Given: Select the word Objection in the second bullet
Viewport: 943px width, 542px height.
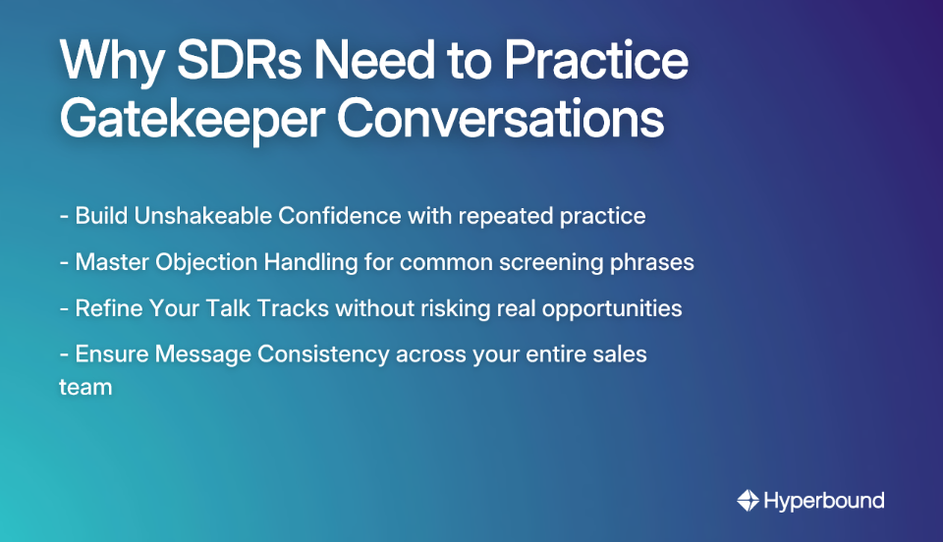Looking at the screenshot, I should click(x=195, y=262).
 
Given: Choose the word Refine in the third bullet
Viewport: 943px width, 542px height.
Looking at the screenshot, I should click(x=109, y=308).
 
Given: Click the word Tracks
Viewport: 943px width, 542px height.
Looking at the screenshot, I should click(x=289, y=308).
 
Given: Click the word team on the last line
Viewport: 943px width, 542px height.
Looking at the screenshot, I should click(x=85, y=387).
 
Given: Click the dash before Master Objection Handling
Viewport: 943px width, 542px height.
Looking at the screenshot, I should click(x=64, y=262).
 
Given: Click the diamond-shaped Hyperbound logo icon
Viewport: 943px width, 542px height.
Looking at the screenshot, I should click(x=749, y=501).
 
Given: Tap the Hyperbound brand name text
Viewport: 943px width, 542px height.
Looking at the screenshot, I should click(x=823, y=501).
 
